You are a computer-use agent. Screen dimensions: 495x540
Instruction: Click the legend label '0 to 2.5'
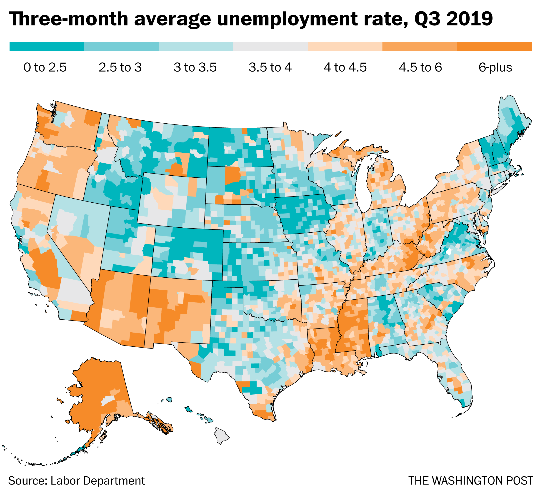tap(45, 67)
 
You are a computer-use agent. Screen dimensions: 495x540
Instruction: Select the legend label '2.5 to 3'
tap(120, 67)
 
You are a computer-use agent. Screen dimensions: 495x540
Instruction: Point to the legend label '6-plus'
tap(495, 67)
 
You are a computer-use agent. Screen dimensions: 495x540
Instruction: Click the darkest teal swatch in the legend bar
tap(47, 47)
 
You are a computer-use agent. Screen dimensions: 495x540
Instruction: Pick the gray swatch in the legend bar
tap(270, 47)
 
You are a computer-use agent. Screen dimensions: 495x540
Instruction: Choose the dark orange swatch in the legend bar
tap(494, 47)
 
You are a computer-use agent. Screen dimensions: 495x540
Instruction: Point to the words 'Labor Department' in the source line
tap(97, 480)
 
